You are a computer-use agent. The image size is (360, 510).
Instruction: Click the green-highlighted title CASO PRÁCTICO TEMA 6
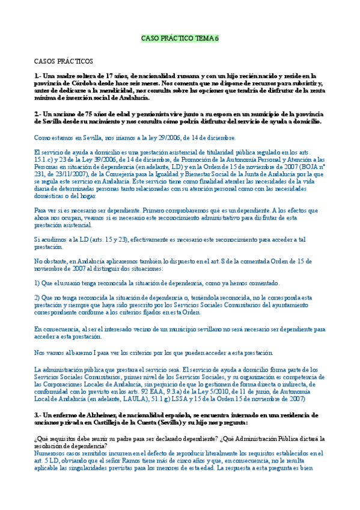pyautogui.click(x=180, y=38)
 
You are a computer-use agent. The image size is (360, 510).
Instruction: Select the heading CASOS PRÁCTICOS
pyautogui.click(x=63, y=61)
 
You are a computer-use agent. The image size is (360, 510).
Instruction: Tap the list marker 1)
pyautogui.click(x=38, y=283)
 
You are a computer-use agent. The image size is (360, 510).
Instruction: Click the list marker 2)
pyautogui.click(x=38, y=297)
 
